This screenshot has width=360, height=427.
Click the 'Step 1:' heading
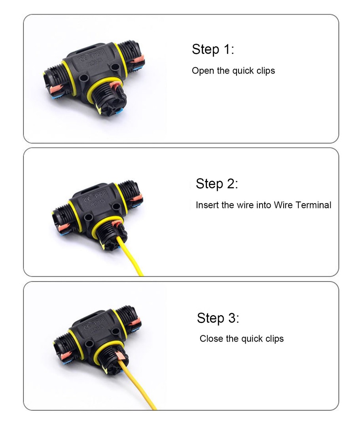coord(213,49)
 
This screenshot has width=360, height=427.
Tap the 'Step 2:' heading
coord(217,183)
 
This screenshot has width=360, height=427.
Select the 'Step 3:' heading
coord(218,318)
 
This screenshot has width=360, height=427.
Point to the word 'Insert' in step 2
coord(207,205)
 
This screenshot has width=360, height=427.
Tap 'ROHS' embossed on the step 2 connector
coord(98,202)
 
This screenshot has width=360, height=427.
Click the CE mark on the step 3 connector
coord(87,327)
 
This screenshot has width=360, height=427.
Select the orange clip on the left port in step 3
coord(66,355)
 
